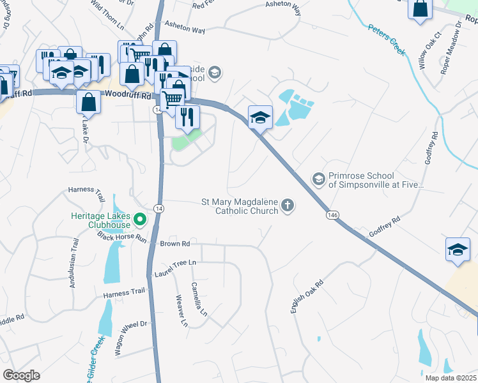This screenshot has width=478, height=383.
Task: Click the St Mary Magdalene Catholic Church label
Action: pyautogui.click(x=240, y=206)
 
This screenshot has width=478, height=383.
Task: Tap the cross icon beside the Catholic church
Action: pyautogui.click(x=288, y=205)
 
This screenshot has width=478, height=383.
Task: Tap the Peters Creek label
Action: pyautogui.click(x=387, y=40)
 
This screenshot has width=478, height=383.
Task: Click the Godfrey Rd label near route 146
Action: pyautogui.click(x=383, y=228)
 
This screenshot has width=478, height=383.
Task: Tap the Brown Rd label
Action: pyautogui.click(x=175, y=244)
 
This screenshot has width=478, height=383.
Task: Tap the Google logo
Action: pyautogui.click(x=22, y=375)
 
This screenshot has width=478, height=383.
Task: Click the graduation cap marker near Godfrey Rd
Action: pyautogui.click(x=458, y=250)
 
